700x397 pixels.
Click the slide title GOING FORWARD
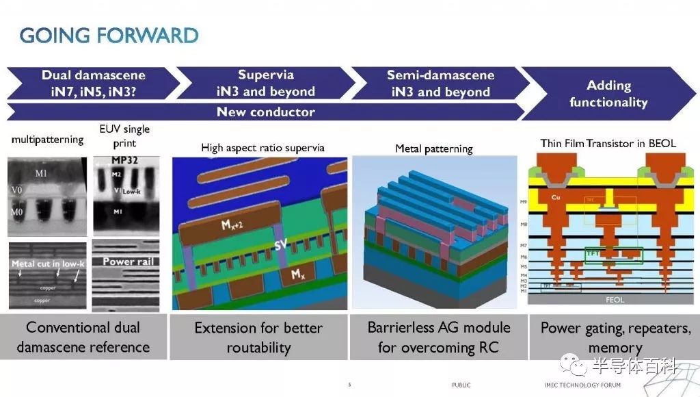click(109, 35)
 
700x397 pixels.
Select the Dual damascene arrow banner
click(93, 83)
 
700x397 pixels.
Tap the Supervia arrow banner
click(266, 83)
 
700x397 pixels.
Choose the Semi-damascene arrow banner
click(440, 83)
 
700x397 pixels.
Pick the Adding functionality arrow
click(608, 94)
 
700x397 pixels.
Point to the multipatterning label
click(47, 140)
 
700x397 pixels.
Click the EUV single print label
click(124, 136)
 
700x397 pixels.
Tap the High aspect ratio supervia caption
click(262, 147)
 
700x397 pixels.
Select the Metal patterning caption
click(433, 149)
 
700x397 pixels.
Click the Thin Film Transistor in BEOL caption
click(608, 143)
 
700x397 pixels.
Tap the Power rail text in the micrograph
click(128, 261)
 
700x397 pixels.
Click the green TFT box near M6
click(613, 255)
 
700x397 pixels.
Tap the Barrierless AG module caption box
click(438, 337)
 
